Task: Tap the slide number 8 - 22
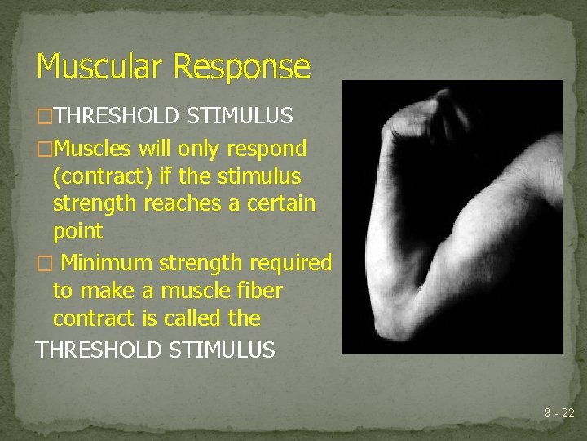pos(559,414)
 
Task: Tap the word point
pos(78,231)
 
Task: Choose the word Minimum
pos(107,263)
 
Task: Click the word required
pos(290,263)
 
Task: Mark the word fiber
pos(256,291)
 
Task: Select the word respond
pos(266,149)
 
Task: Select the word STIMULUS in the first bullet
pos(239,117)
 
